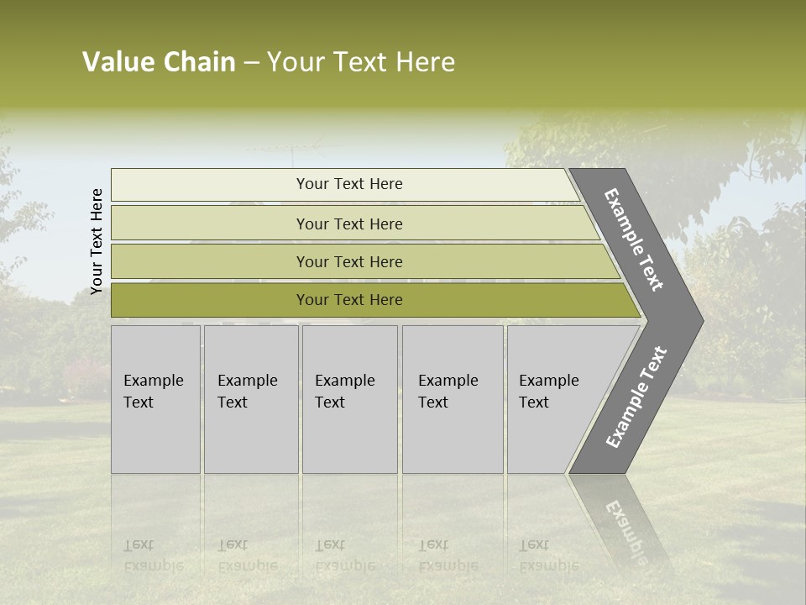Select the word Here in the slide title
click(425, 62)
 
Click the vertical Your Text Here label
click(97, 241)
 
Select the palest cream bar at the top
click(344, 184)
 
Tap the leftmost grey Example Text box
click(155, 399)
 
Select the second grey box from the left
click(250, 399)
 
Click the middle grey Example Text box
click(349, 399)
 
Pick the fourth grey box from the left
click(453, 399)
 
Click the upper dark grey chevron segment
click(636, 239)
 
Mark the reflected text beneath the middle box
click(344, 555)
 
